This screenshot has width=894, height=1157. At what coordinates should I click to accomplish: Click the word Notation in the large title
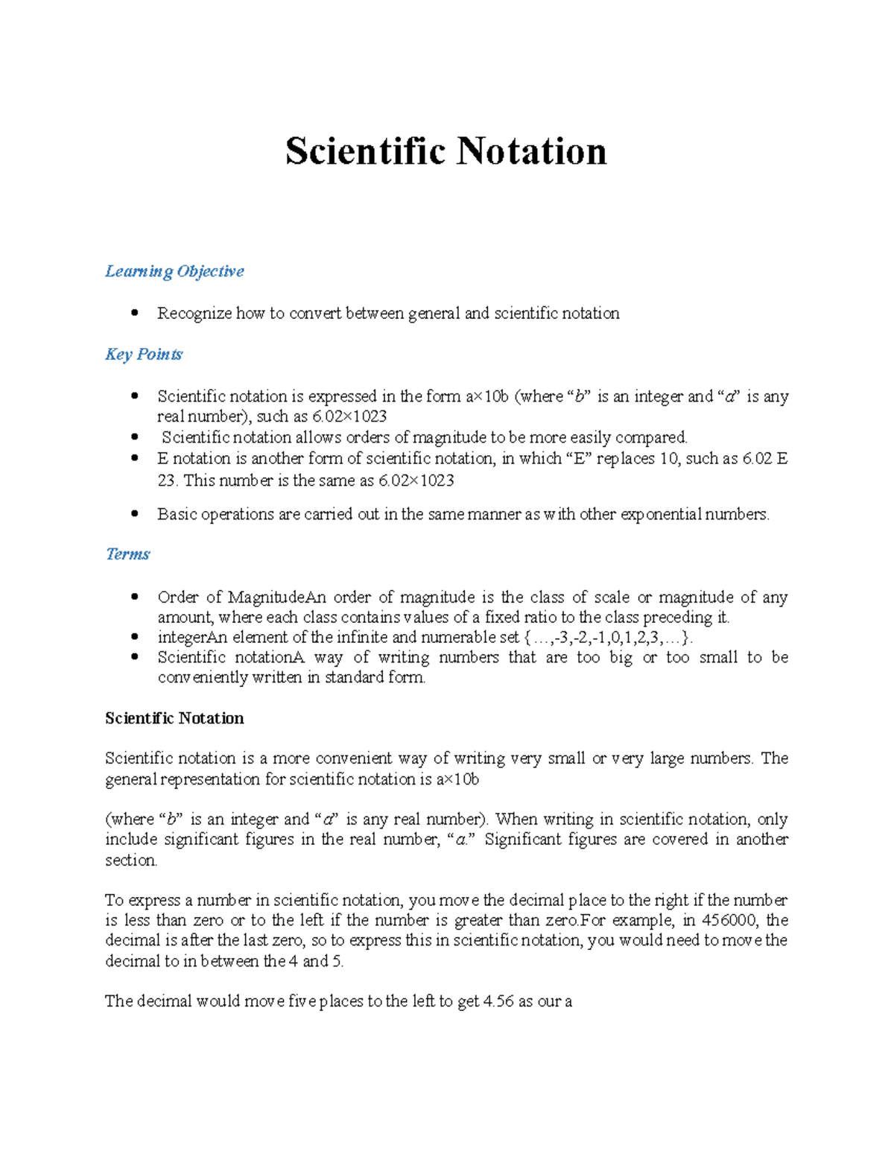[x=531, y=151]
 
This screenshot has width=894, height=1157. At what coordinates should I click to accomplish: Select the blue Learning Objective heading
[x=174, y=271]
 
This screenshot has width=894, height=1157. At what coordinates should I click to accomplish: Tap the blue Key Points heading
[x=144, y=354]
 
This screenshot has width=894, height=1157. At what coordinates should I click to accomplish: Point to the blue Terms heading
[x=127, y=554]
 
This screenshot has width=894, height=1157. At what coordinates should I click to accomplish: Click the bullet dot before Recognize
[x=134, y=313]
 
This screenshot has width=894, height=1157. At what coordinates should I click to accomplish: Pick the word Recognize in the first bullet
[x=194, y=314]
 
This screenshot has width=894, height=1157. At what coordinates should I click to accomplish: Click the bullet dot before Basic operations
[x=134, y=513]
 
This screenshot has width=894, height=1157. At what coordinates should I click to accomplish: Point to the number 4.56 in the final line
[x=498, y=1001]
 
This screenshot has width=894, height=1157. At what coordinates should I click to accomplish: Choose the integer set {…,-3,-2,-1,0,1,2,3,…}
[x=608, y=637]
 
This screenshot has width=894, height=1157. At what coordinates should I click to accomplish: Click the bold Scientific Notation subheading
[x=174, y=718]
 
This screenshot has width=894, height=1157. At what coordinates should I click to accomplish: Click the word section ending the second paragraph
[x=130, y=860]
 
